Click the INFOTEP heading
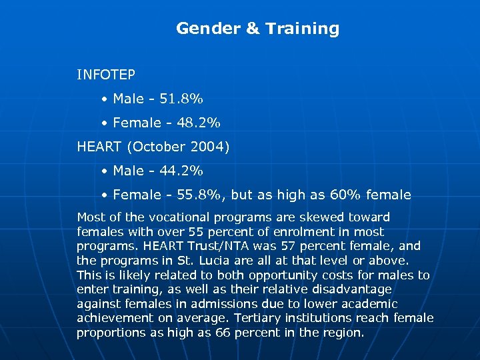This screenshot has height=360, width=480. [106, 75]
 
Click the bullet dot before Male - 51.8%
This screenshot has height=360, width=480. [105, 99]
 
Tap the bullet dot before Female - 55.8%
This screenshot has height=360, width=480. [105, 195]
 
